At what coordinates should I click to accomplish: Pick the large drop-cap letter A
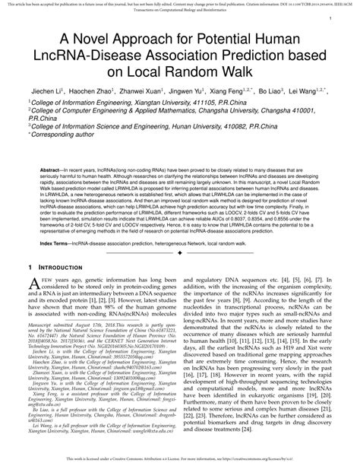[x=33, y=284]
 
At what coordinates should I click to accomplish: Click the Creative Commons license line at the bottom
[x=180, y=461]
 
